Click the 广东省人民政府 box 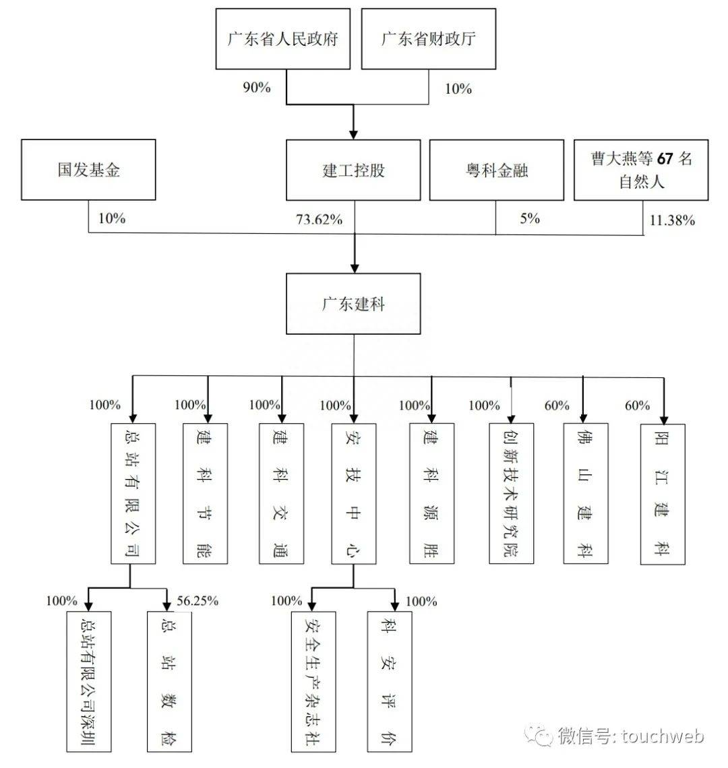[283, 38]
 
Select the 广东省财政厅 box [429, 38]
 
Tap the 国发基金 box [88, 169]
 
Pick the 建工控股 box [354, 170]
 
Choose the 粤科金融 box [496, 170]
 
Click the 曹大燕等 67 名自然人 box [642, 170]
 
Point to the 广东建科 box [354, 303]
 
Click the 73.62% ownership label [320, 220]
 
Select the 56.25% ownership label [197, 601]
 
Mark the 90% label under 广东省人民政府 [257, 88]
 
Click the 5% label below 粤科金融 [530, 218]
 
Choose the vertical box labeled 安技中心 [354, 493]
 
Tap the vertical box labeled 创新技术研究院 [512, 493]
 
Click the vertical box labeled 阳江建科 [662, 493]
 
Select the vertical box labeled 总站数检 [169, 681]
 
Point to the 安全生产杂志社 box [313, 681]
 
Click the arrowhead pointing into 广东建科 [354, 265]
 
